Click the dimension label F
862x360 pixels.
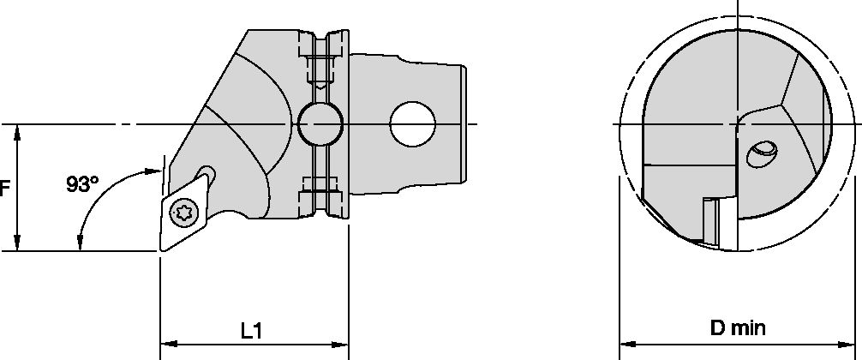[x=4, y=188]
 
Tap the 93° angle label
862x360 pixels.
[x=82, y=183]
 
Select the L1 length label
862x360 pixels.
[x=251, y=329]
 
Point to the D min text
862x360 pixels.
[x=738, y=327]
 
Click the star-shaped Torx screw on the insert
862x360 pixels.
[x=182, y=212]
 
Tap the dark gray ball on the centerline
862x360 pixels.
[x=319, y=125]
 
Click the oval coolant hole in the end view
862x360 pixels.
[x=762, y=155]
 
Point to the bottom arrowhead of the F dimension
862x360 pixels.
[x=18, y=246]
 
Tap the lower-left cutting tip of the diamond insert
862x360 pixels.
[x=161, y=250]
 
